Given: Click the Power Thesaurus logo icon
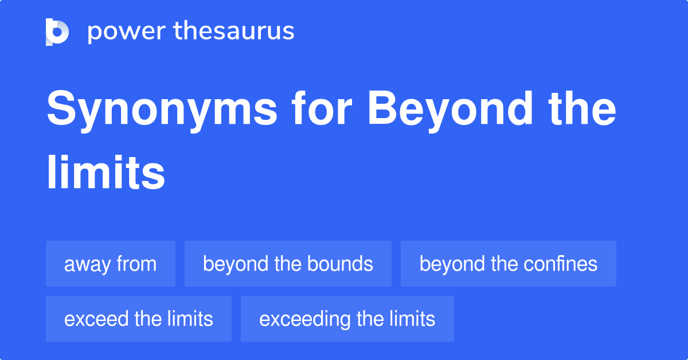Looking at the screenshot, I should point(57,32).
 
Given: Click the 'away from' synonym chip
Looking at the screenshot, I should point(110,264).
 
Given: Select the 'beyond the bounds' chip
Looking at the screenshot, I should point(288,264).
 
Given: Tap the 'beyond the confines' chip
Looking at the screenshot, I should point(508,264).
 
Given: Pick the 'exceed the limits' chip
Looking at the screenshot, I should point(138,319).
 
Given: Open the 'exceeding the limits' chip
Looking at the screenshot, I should point(347,319).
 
